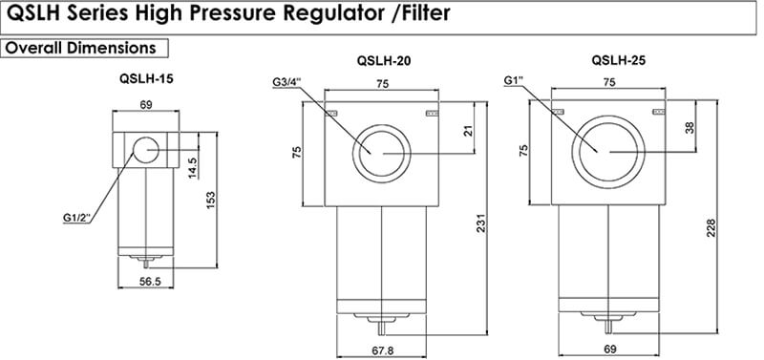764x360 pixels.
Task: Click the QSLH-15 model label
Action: click(146, 78)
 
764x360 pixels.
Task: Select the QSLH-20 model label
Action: click(384, 61)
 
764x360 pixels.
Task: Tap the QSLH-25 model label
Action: click(619, 61)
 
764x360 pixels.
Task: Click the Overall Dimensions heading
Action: click(80, 48)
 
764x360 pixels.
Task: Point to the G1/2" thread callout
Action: click(77, 218)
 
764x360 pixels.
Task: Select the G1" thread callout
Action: click(514, 80)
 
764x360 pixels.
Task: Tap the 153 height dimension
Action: click(210, 201)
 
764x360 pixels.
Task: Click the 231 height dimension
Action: click(480, 223)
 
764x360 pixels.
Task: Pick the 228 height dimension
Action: click(711, 228)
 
